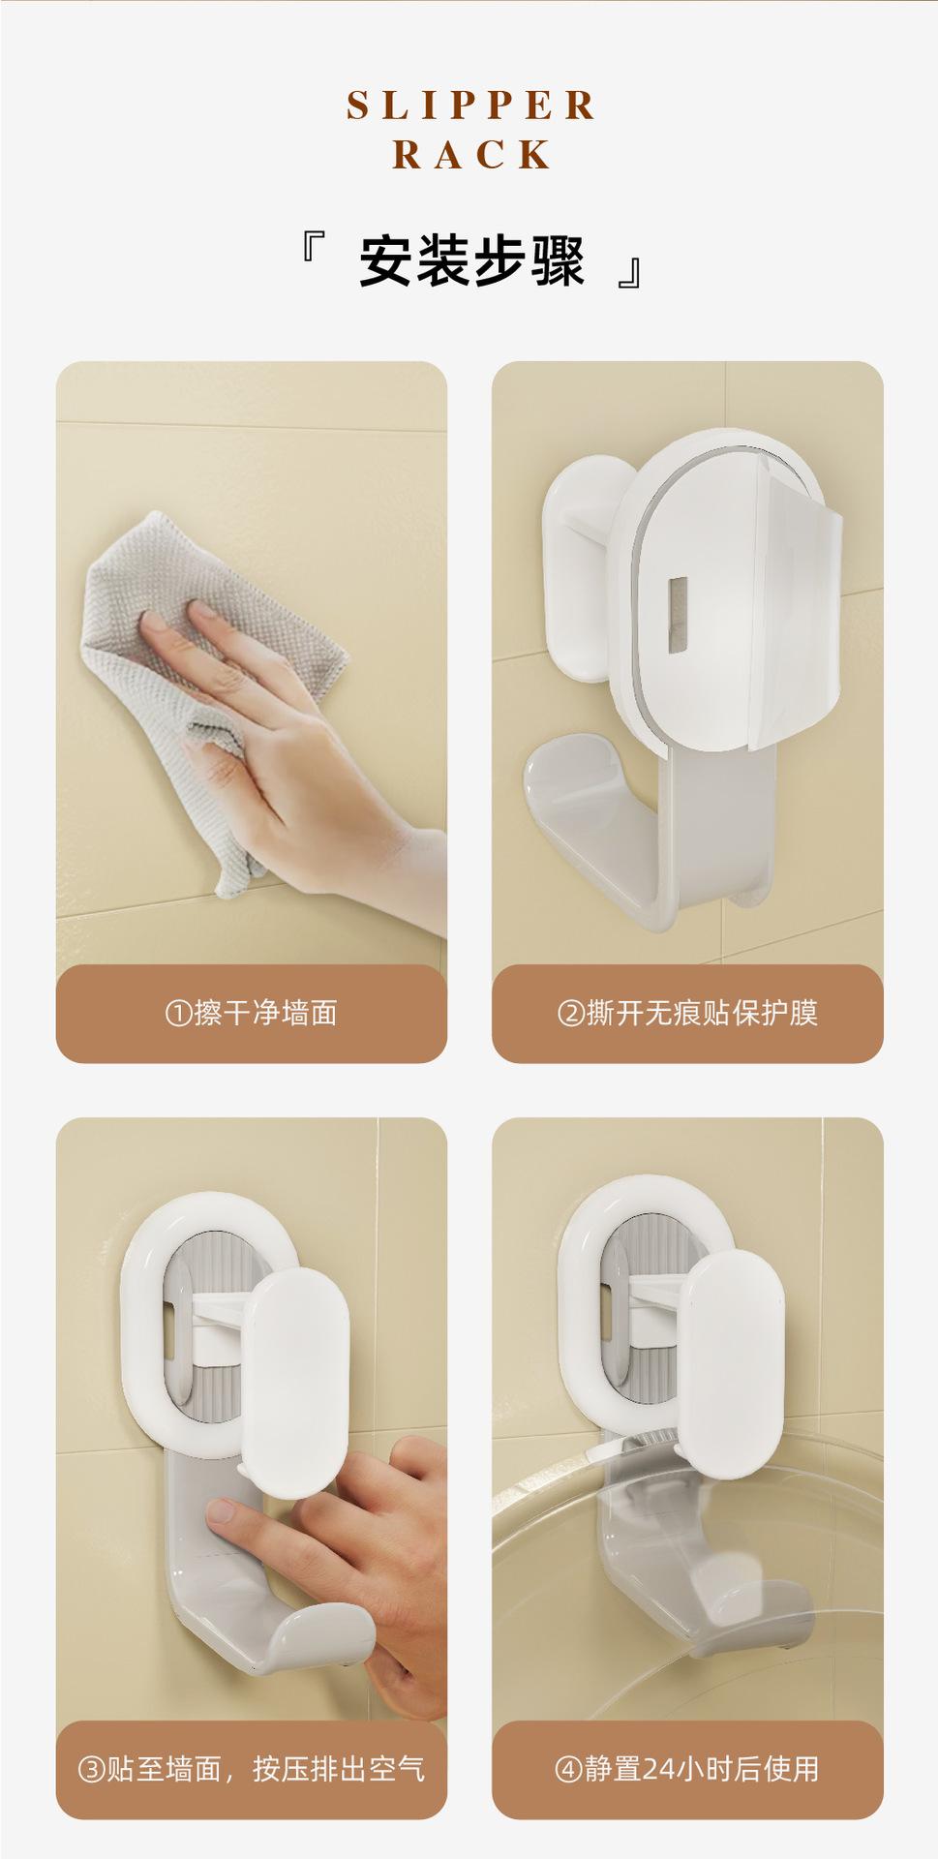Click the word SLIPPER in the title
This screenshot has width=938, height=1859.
point(471,106)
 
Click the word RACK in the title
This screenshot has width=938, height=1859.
point(472,155)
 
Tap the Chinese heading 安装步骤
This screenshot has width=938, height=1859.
point(471,261)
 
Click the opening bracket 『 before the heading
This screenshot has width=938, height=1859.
point(312,250)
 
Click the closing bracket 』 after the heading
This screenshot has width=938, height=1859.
point(630,273)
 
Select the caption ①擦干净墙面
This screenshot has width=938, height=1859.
point(251,1014)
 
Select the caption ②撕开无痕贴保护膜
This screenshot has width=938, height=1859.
point(687,1014)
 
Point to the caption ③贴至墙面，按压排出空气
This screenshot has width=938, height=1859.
point(251,1769)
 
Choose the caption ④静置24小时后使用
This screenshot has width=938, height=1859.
point(687,1769)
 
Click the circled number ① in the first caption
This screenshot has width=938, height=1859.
point(179,1014)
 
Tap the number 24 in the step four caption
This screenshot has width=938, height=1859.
point(657,1770)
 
